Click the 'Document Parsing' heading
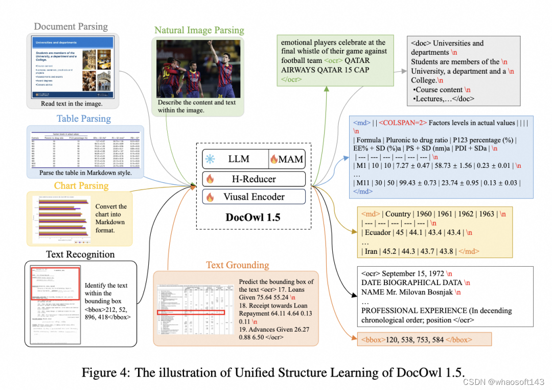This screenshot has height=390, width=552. point(71,27)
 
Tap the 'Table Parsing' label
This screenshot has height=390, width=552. point(83,119)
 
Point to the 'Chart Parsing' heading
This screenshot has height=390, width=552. point(81,185)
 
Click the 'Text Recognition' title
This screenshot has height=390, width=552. point(80,254)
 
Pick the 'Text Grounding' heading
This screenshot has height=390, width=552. point(237,265)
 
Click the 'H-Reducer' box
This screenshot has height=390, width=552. point(254,179)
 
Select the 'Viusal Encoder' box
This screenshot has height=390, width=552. point(254,197)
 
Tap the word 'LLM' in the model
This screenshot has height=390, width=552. point(239,159)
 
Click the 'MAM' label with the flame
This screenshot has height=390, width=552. point(290,160)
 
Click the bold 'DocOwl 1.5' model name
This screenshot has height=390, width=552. point(253,217)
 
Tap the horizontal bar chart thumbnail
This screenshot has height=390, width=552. point(60,219)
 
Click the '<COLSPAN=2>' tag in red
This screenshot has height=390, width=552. point(399,123)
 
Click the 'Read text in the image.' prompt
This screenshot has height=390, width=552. point(72,104)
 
